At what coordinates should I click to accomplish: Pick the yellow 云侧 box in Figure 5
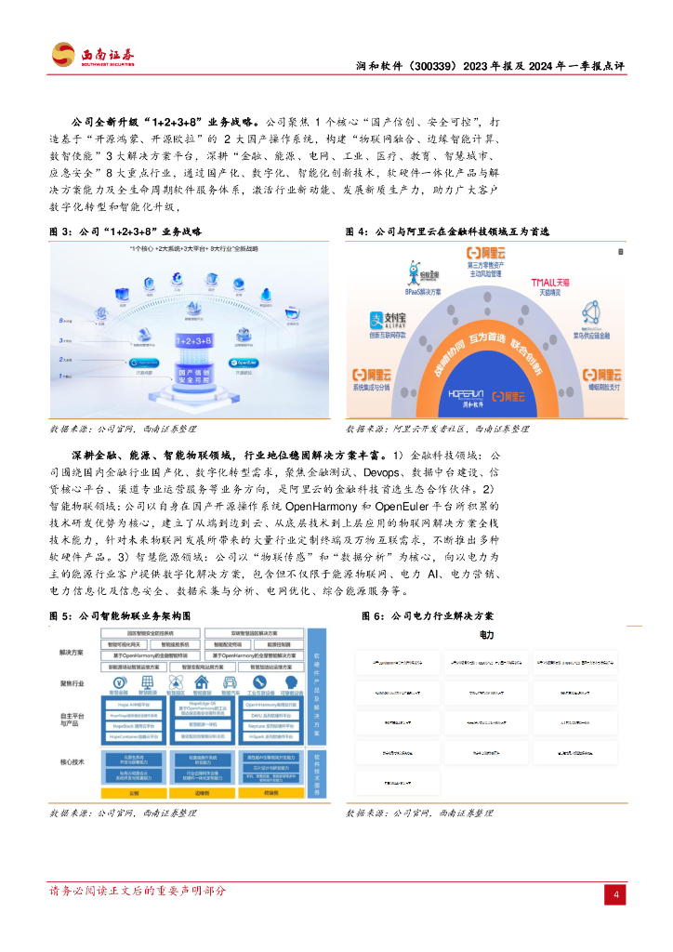click(133, 793)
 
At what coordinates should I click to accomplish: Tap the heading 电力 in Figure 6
click(486, 636)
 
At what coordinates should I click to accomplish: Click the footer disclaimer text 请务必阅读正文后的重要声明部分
click(138, 892)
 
